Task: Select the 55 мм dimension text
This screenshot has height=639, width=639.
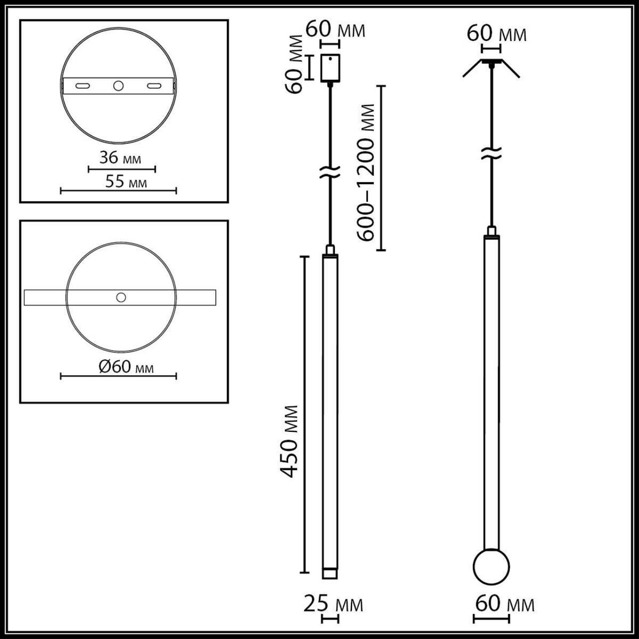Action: coord(125,182)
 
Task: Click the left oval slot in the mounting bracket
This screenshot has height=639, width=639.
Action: coord(82,85)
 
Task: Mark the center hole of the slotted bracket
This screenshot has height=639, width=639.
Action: coord(118,85)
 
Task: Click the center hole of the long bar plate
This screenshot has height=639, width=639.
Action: coord(120,297)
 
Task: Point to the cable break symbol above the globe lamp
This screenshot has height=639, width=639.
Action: coord(491,152)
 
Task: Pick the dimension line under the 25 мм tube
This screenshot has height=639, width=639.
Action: coord(330,619)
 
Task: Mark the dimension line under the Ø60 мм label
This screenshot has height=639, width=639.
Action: coord(118,377)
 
